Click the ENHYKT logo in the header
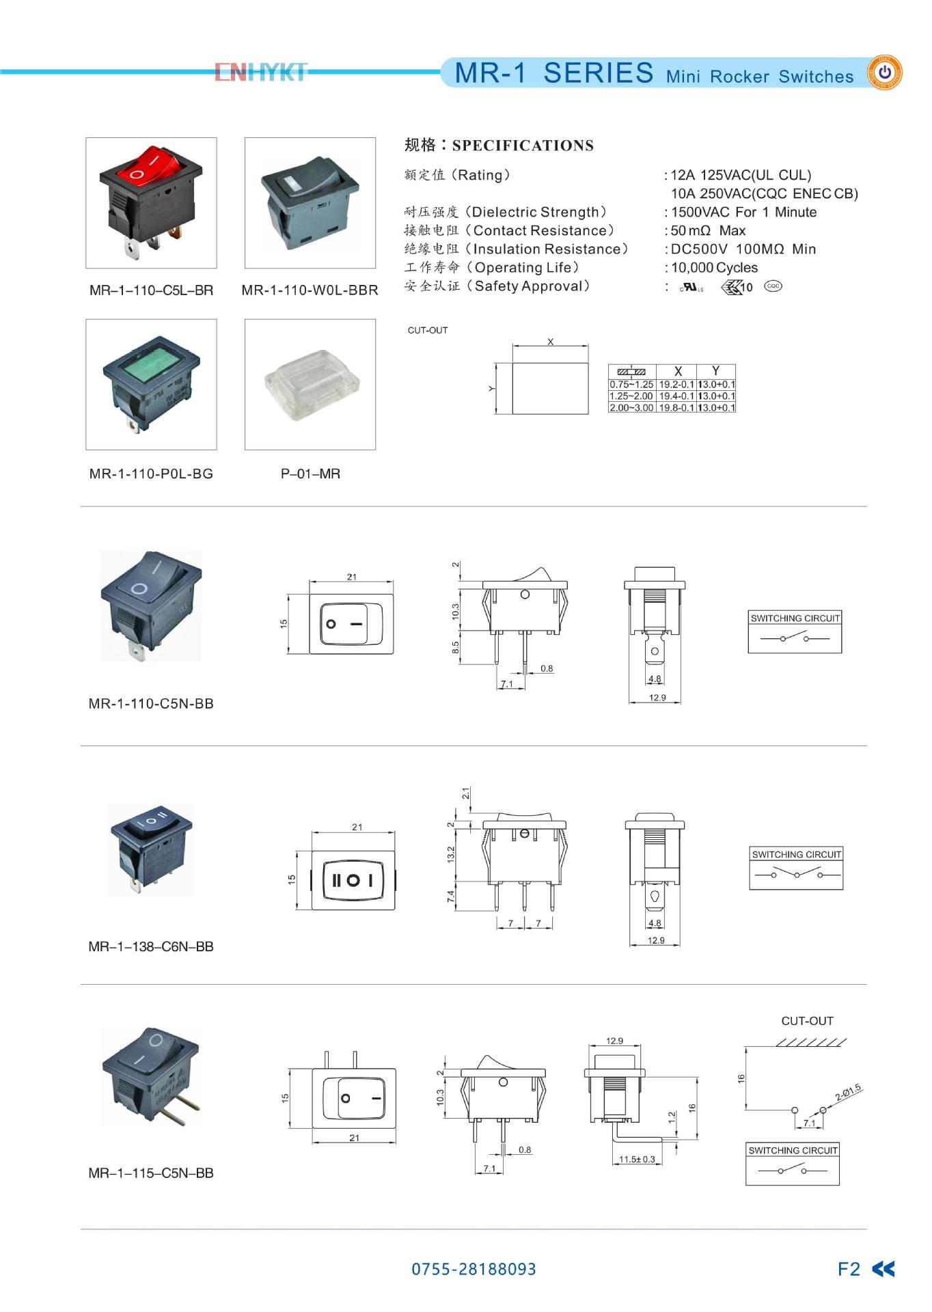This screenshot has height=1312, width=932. tap(261, 72)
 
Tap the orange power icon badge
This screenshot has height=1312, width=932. tap(884, 72)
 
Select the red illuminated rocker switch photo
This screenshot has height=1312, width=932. tap(151, 202)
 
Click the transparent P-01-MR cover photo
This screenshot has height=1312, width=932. tap(310, 384)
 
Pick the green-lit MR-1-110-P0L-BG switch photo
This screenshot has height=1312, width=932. tap(151, 384)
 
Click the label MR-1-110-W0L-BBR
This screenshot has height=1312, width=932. tap(310, 290)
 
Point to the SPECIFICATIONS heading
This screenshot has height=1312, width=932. tap(523, 146)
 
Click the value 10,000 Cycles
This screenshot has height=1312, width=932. tap(714, 268)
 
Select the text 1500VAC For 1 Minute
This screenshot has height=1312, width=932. tap(743, 213)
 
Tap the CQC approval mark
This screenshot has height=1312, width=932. tap(773, 286)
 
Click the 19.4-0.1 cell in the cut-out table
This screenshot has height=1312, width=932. tap(676, 396)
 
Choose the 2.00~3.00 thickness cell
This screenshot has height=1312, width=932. tap(631, 408)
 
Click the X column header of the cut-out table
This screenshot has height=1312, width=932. tap(677, 371)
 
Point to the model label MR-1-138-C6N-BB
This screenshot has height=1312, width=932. tap(151, 946)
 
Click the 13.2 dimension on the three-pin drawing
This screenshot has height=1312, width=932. tap(450, 854)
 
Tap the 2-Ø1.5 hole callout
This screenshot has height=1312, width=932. tap(848, 1093)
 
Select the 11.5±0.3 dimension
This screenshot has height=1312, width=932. tap(637, 1160)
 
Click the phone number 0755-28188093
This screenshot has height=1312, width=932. tap(474, 1269)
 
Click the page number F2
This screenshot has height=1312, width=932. tap(849, 1269)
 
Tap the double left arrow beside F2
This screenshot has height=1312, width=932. tap(883, 1269)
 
